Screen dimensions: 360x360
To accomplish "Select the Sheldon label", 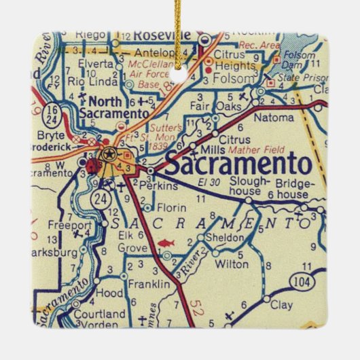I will (228, 237).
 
